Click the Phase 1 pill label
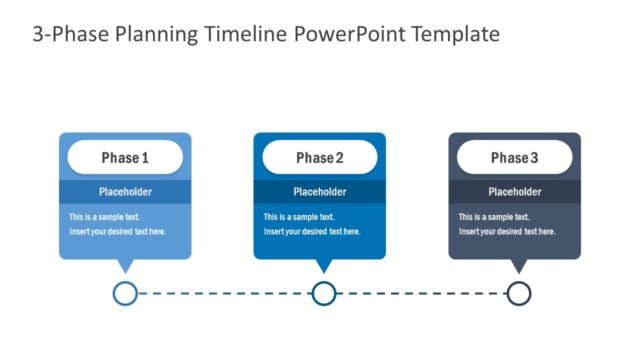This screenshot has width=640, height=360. point(125,158)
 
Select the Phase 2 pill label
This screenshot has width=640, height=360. point(320,158)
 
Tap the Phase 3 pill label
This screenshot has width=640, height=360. point(514,158)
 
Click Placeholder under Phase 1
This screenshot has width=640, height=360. point(125,192)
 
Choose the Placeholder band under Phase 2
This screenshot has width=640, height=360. point(320,192)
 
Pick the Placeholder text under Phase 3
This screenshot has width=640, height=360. point(514,192)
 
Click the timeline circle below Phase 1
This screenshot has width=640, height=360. point(125,293)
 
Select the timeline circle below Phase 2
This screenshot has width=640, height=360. point(323,293)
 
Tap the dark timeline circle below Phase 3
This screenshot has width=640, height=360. point(518,293)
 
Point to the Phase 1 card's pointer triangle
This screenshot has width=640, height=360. point(125,265)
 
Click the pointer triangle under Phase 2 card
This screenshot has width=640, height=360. point(323,265)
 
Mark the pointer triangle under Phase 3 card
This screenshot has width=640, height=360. point(518,265)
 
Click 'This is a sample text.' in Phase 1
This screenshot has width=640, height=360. point(104,217)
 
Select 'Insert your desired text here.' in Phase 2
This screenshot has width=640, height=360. point(312,232)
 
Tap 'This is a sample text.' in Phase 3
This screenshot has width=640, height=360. point(494,217)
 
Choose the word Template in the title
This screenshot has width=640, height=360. point(450,35)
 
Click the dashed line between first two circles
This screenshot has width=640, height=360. point(224,293)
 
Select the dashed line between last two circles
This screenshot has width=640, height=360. point(420,293)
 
